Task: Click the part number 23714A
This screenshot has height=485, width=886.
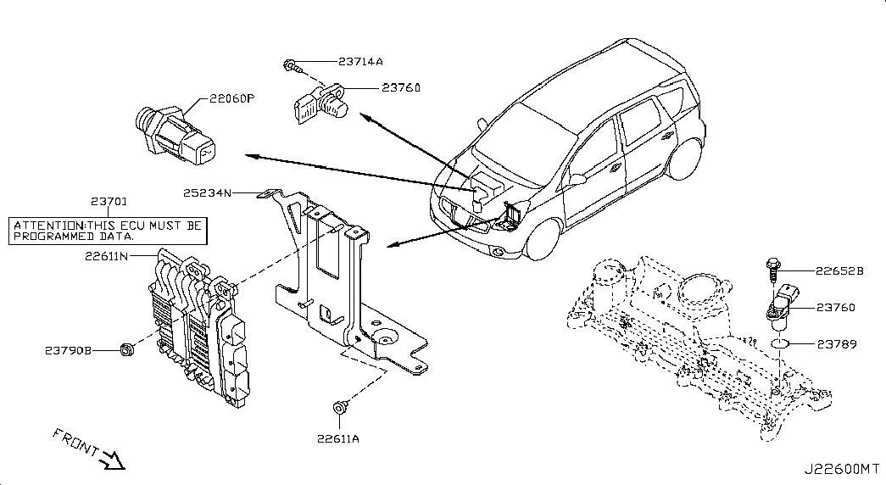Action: pyautogui.click(x=360, y=62)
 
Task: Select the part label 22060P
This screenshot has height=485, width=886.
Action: pyautogui.click(x=231, y=98)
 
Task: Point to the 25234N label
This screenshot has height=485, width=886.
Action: pyautogui.click(x=207, y=192)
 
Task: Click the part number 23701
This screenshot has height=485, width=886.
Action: pyautogui.click(x=109, y=201)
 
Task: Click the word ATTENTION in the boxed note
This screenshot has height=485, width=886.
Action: pyautogui.click(x=49, y=226)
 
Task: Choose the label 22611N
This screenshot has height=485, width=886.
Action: pyautogui.click(x=106, y=256)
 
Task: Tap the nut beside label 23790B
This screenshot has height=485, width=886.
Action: pyautogui.click(x=126, y=350)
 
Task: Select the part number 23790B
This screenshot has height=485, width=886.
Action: pyautogui.click(x=69, y=350)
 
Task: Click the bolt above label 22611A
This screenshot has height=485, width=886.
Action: pyautogui.click(x=340, y=406)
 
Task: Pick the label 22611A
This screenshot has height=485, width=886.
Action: pyautogui.click(x=338, y=438)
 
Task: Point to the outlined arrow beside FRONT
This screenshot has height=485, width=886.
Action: pyautogui.click(x=112, y=460)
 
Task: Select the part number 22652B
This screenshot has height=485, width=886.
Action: pyautogui.click(x=839, y=271)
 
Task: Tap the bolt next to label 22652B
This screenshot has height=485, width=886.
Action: pyautogui.click(x=773, y=270)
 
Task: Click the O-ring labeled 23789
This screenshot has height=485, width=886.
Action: pyautogui.click(x=780, y=343)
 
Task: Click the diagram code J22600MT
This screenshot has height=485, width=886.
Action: pyautogui.click(x=841, y=469)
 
